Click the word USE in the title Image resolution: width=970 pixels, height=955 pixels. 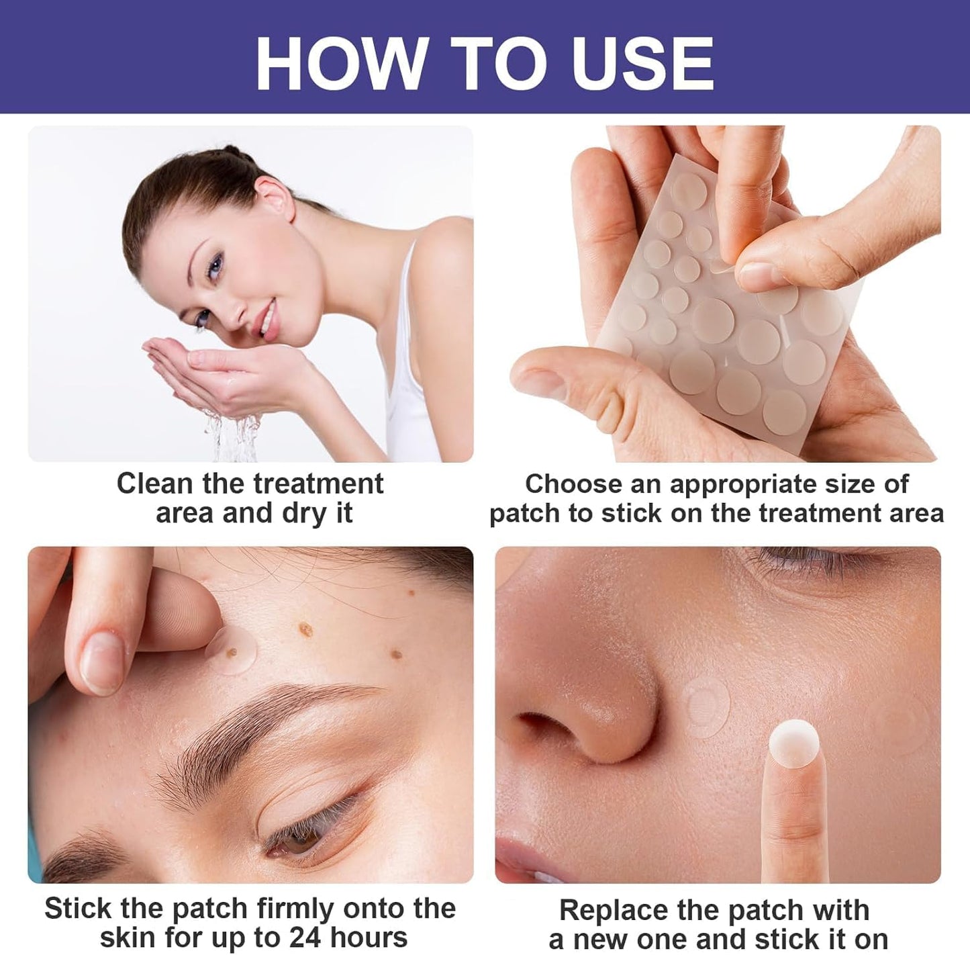pos(643,63)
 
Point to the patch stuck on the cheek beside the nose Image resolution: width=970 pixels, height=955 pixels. pos(706,704)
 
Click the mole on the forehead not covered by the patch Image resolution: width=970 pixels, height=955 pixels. pos(306,630)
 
